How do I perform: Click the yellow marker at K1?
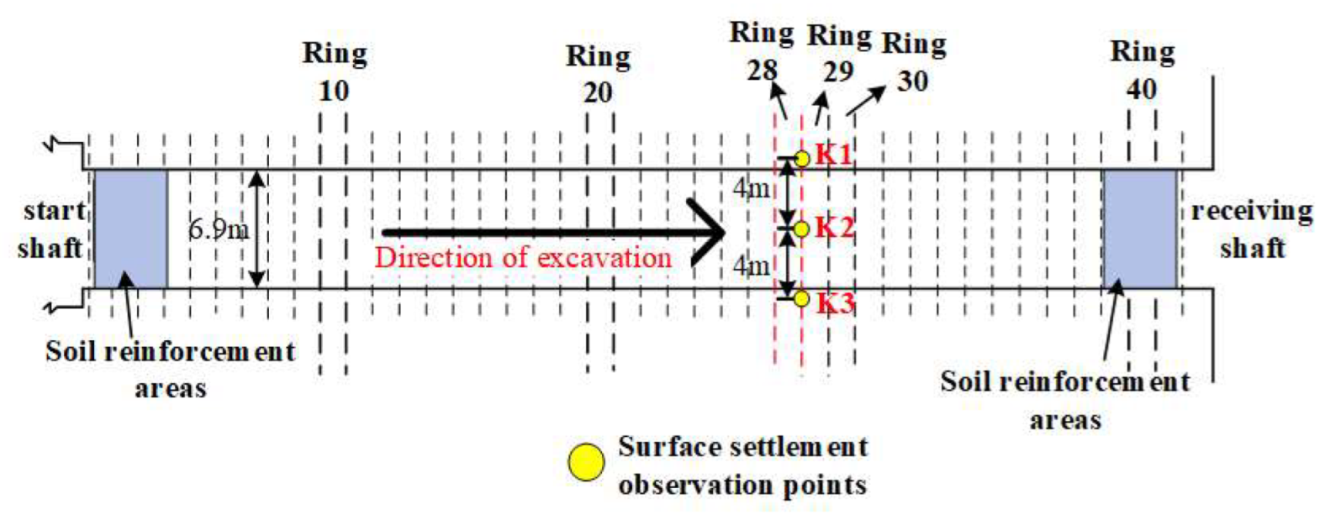click(x=802, y=158)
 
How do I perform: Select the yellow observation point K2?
click(x=802, y=229)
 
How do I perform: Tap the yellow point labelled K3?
click(x=802, y=298)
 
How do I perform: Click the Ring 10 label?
click(x=335, y=72)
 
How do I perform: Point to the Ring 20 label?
click(x=598, y=74)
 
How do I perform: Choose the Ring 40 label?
click(x=1142, y=70)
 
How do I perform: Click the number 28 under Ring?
click(x=762, y=71)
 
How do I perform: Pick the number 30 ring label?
click(x=912, y=81)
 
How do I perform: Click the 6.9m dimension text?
click(x=219, y=229)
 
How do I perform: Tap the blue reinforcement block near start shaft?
click(x=130, y=229)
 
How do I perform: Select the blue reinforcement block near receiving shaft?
click(x=1139, y=229)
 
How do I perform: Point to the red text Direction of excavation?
click(x=523, y=257)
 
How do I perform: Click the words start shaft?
click(x=52, y=229)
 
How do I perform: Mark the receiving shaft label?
click(x=1252, y=229)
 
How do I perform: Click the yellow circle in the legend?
click(x=586, y=463)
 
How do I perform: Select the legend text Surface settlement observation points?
click(x=742, y=465)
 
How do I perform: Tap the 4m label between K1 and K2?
click(x=751, y=189)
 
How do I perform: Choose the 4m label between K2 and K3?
click(x=751, y=266)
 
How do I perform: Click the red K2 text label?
click(x=835, y=227)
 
